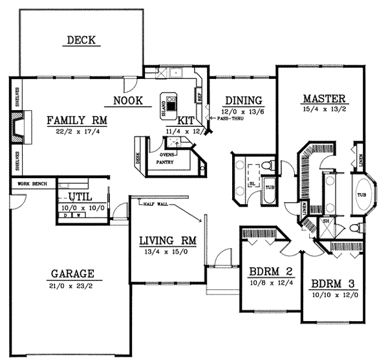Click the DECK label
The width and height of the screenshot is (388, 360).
[81, 41]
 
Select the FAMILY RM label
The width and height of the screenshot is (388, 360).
[77, 120]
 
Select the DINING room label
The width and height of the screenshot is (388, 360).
[242, 100]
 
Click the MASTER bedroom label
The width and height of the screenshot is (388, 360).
[325, 99]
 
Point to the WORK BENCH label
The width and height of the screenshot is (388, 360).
[32, 185]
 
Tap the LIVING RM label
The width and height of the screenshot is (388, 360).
[167, 242]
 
